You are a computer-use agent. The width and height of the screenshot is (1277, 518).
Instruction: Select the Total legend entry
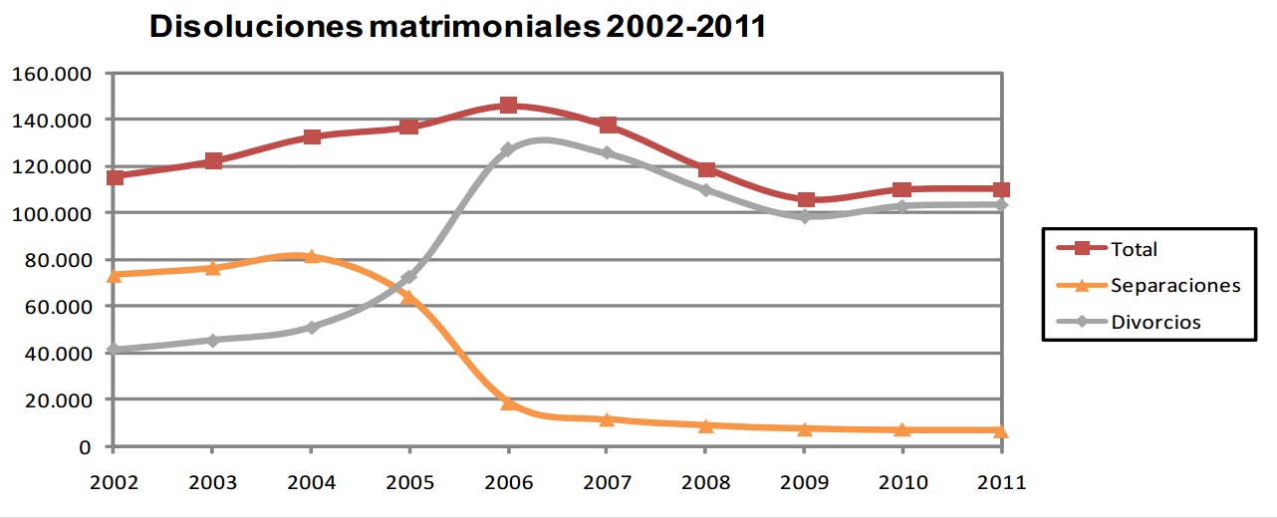click(x=1134, y=249)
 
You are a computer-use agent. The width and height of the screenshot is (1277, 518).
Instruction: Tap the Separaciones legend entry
click(x=1174, y=285)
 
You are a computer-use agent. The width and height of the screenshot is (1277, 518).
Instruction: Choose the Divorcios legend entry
click(x=1155, y=322)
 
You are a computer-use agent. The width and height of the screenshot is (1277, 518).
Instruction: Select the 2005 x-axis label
click(x=409, y=483)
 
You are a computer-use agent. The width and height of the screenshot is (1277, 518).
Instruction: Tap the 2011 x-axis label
click(x=1001, y=483)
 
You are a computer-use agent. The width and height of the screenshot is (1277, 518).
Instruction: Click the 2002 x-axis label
click(x=114, y=483)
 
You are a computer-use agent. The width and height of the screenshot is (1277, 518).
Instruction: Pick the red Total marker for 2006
click(x=508, y=106)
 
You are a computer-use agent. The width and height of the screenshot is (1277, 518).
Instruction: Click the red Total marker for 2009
click(x=805, y=200)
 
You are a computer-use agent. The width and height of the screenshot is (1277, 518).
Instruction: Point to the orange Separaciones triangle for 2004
click(x=311, y=256)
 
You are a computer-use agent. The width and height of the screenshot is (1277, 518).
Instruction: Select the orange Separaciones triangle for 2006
click(x=508, y=402)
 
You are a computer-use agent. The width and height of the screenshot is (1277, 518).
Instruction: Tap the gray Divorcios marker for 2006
click(x=508, y=149)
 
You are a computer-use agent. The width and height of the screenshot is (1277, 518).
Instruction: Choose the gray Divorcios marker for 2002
click(x=114, y=350)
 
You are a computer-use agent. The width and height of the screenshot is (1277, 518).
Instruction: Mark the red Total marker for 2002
click(x=115, y=177)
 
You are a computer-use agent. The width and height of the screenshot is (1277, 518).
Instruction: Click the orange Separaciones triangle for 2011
click(x=1001, y=430)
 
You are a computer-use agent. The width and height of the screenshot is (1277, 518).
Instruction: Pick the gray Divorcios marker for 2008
click(x=706, y=189)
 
